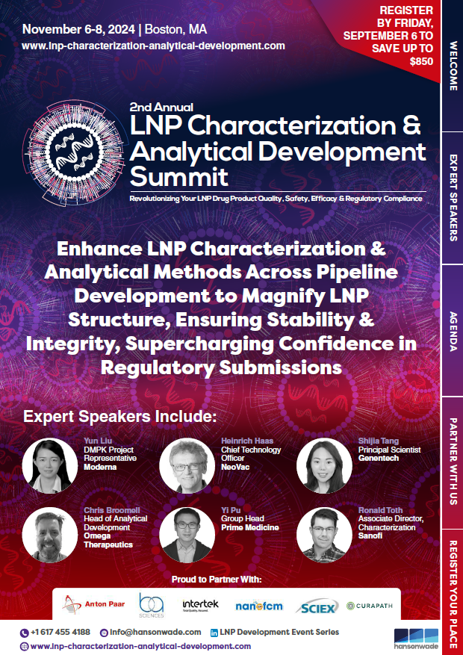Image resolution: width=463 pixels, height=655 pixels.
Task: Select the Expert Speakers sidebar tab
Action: point(453,198)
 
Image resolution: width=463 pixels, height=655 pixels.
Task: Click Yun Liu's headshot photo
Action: point(50,465)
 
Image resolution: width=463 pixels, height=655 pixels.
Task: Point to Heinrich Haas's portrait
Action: point(187,465)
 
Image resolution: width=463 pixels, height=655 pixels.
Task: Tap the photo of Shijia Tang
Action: point(324,465)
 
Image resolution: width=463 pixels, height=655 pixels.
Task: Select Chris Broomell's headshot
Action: point(50,535)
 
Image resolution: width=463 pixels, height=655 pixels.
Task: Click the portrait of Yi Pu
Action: point(187,535)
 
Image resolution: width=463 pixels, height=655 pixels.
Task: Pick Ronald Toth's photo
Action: point(324,535)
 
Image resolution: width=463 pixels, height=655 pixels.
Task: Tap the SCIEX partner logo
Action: point(317,606)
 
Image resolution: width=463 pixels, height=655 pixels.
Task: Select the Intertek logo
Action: point(200,604)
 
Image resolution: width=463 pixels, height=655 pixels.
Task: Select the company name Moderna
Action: point(100,467)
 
